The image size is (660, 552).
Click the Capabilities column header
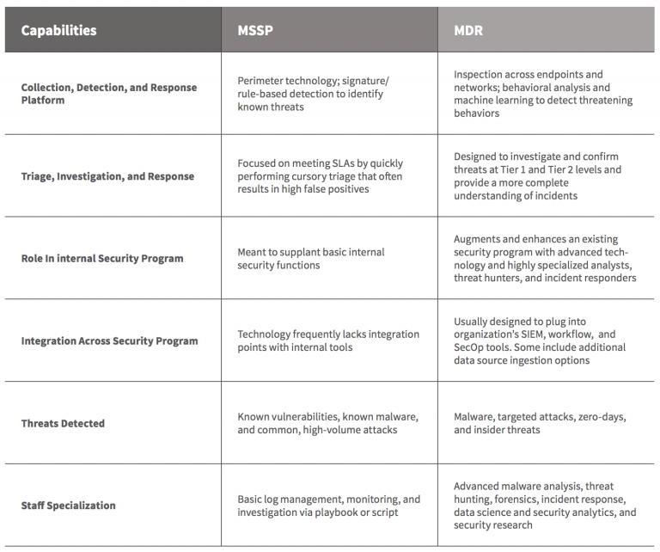[x=58, y=31]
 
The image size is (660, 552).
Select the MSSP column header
[x=255, y=31]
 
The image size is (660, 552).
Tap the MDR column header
[x=468, y=31]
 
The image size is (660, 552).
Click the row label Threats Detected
[x=63, y=423]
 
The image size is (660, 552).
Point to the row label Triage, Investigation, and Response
[x=107, y=176]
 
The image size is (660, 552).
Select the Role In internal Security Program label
[x=101, y=258]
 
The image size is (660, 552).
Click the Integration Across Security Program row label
[x=109, y=340]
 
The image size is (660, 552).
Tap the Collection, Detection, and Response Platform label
[x=108, y=94]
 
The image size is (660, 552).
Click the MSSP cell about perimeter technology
[x=313, y=94]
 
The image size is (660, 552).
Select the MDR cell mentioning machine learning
[x=543, y=94]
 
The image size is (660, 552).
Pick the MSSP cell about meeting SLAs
[x=320, y=176]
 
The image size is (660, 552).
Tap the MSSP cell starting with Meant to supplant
[x=311, y=259]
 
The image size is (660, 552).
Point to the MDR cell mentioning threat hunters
[x=545, y=259]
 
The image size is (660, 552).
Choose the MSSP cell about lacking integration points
[x=328, y=340]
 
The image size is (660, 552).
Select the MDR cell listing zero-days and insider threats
[x=540, y=423]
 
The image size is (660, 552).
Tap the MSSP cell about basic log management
[x=328, y=506]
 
